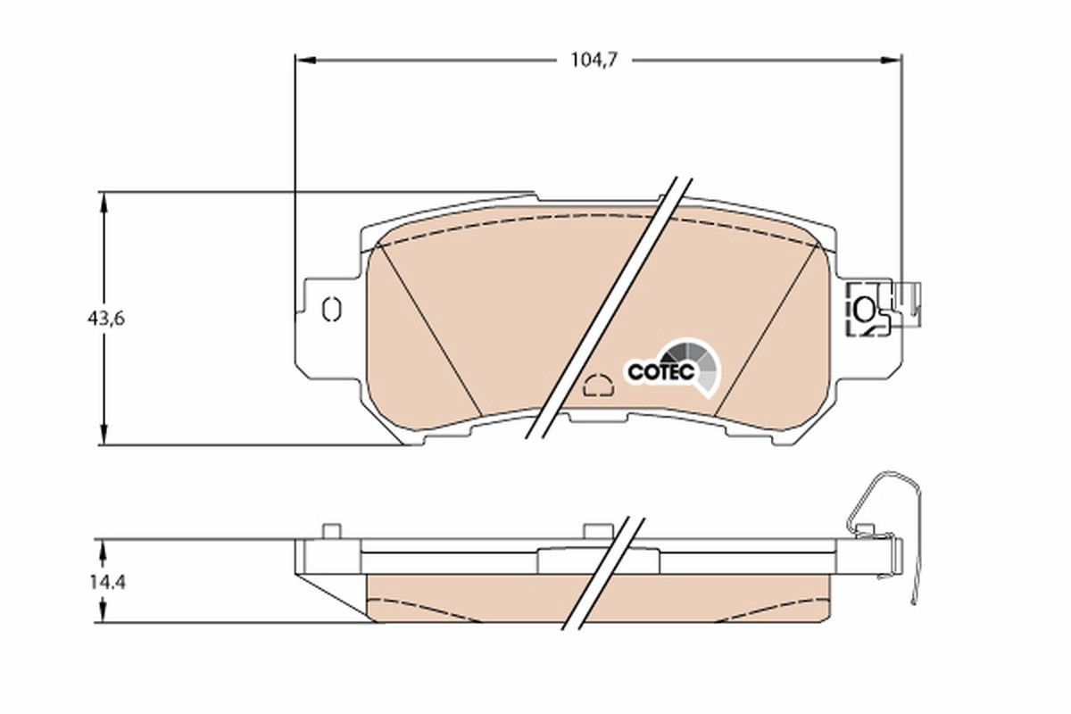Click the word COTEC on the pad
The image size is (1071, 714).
click(x=660, y=372)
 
